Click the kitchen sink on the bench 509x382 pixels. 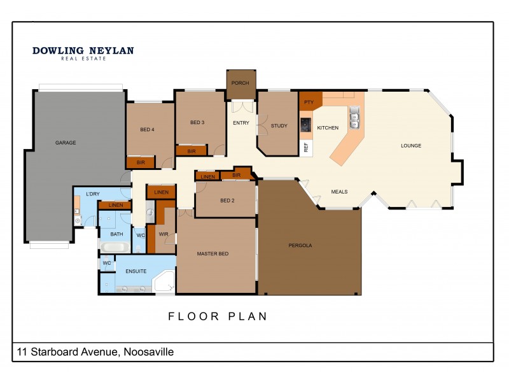pos(354,116)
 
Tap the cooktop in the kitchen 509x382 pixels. pos(306,124)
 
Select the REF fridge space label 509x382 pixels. pos(306,147)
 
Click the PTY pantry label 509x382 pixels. pos(309,101)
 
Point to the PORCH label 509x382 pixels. pos(240,83)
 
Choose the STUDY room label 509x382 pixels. pos(279,126)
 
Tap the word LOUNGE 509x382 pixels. pos(411,146)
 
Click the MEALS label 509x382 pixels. pos(339,191)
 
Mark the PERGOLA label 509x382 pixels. pos(300,245)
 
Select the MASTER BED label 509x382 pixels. pos(213,254)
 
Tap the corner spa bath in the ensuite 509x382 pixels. pos(165,281)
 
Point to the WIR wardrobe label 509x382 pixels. pos(163,234)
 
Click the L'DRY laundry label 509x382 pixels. pos(85,193)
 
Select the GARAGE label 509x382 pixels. pos(66,143)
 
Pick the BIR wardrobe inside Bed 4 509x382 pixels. pos(141,163)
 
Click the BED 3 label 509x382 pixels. pos(197,122)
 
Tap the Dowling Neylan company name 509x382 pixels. pos(83,51)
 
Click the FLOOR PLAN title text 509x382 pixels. pos(218,316)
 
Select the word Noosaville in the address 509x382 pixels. pos(148,352)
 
